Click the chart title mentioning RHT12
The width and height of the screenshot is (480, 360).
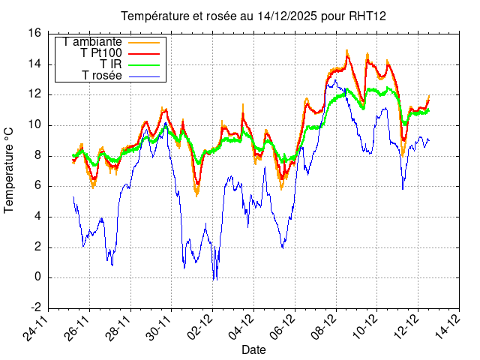(253, 16)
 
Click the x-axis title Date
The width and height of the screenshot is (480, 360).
(253, 350)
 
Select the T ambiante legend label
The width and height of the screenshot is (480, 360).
(93, 41)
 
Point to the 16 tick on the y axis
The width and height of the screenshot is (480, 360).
(34, 33)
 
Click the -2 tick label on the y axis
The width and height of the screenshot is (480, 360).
(35, 308)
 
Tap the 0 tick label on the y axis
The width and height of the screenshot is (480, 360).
(38, 277)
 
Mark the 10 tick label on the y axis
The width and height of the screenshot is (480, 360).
(34, 124)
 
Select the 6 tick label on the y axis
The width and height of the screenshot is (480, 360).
(38, 186)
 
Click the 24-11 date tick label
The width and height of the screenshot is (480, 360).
(37, 326)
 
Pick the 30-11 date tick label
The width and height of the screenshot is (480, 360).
(160, 326)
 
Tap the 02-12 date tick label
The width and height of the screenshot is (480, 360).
(201, 326)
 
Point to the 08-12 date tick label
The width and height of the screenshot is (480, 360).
(324, 326)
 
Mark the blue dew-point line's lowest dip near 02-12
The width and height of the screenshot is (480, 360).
(214, 280)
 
